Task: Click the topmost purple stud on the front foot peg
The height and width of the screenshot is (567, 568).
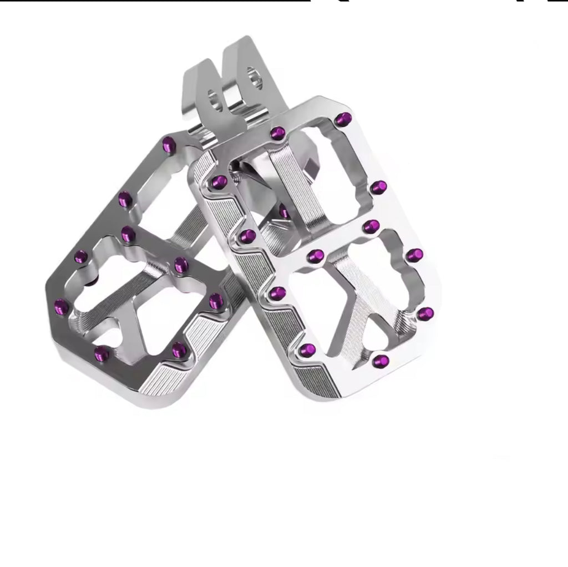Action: click(x=344, y=118)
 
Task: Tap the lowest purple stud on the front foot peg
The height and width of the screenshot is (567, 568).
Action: click(x=380, y=362)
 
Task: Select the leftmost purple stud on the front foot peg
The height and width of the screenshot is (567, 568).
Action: click(x=218, y=181)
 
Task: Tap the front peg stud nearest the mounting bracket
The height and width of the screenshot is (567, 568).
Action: click(x=277, y=133)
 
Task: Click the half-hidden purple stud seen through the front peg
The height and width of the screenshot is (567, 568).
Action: click(x=285, y=211)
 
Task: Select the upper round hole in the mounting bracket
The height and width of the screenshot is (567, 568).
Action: click(x=254, y=77)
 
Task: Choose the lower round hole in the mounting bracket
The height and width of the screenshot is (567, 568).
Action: click(x=214, y=98)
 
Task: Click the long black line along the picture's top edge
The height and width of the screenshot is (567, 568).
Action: click(x=155, y=1)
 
